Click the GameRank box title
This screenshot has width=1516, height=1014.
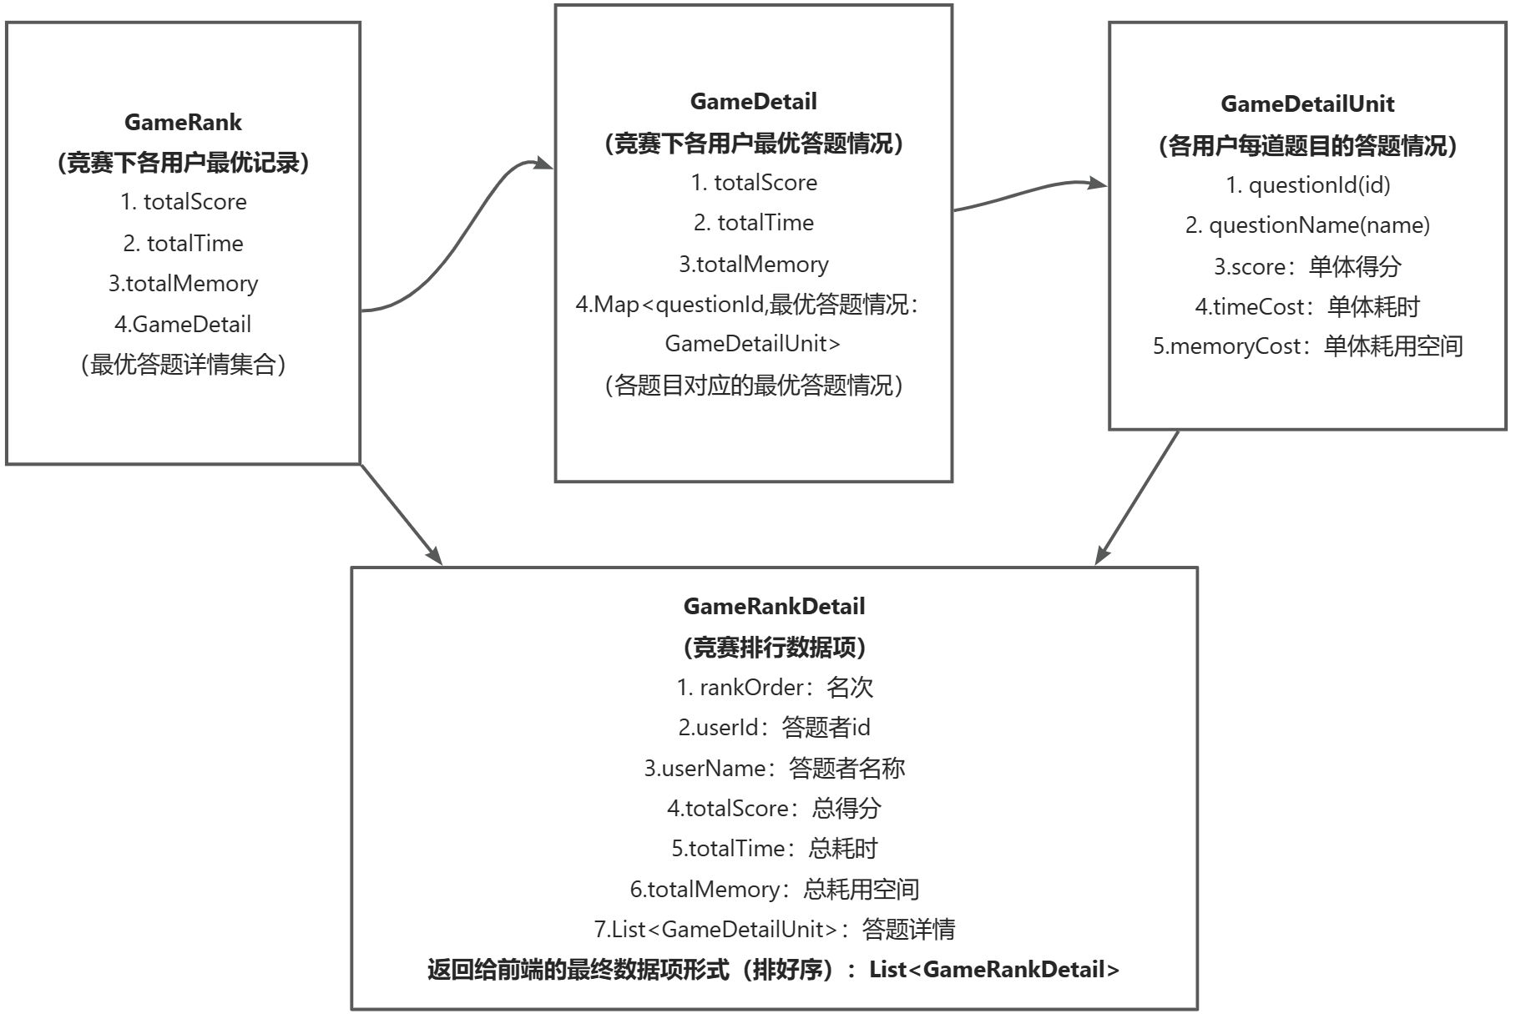(x=183, y=123)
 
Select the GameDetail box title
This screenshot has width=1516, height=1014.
(x=753, y=102)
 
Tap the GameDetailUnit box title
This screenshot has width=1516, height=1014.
(x=1306, y=104)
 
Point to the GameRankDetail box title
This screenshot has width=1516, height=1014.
(x=774, y=607)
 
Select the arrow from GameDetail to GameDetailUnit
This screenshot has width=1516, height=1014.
(x=1031, y=193)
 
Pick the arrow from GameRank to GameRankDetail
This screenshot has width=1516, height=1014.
(x=401, y=513)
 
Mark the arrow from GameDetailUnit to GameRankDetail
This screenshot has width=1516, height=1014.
(x=1137, y=497)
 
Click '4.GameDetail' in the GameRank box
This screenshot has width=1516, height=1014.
(x=183, y=325)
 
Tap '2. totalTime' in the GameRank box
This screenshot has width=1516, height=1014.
(x=183, y=244)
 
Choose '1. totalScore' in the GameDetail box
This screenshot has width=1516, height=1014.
(x=753, y=183)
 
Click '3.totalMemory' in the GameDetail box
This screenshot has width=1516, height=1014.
(x=753, y=265)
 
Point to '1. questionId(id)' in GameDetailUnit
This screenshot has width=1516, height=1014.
(x=1307, y=185)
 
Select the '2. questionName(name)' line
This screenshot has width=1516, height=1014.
(x=1307, y=225)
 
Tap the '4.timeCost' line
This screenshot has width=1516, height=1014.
(x=1307, y=307)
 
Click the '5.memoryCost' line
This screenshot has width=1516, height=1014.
(x=1307, y=346)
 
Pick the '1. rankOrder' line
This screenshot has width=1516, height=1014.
(x=774, y=688)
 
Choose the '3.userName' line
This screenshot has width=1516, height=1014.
(x=774, y=769)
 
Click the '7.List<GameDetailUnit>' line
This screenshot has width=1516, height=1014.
(x=774, y=929)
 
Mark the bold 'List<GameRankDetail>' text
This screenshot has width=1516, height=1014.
(x=993, y=970)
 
